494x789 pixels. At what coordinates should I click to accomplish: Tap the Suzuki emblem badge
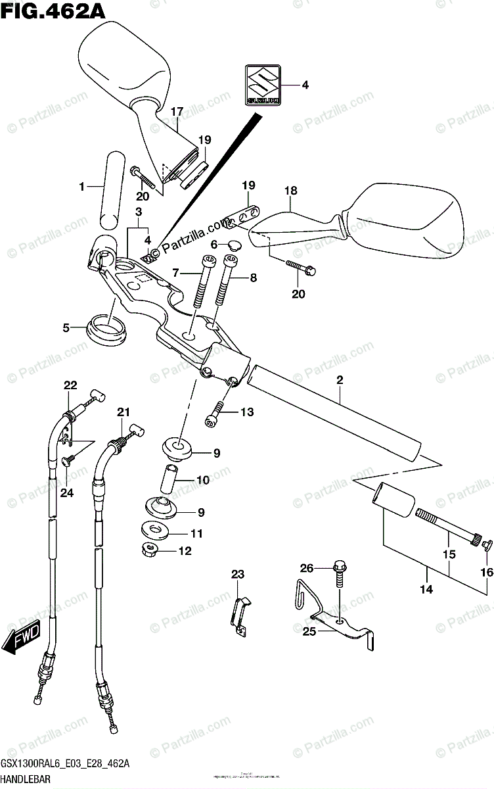(x=263, y=85)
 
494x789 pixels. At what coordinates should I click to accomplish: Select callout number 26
(x=307, y=568)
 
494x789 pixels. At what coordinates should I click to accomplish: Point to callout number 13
(x=246, y=412)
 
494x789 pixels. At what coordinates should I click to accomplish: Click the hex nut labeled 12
(x=150, y=548)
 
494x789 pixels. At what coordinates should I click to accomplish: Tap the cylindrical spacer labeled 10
(x=168, y=480)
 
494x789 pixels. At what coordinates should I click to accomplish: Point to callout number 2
(x=340, y=380)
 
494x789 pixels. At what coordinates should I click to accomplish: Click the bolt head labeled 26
(x=339, y=565)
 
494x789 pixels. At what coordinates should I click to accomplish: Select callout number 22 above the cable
(x=70, y=386)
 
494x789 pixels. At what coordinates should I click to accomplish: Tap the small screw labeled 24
(x=68, y=462)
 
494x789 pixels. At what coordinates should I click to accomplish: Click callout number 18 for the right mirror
(x=291, y=191)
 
